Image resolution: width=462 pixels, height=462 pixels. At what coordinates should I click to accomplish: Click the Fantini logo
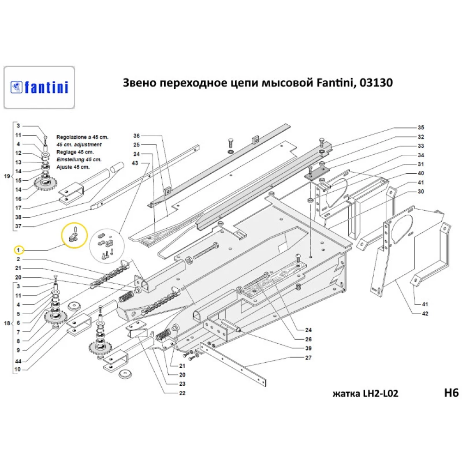[x=39, y=87]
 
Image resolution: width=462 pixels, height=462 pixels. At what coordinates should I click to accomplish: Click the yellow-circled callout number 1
[x=18, y=250]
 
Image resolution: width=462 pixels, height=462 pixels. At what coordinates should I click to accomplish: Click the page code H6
[x=451, y=393]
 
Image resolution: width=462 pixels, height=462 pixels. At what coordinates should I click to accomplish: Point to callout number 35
[x=421, y=128]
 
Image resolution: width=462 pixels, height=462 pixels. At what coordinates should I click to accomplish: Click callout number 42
[x=425, y=314]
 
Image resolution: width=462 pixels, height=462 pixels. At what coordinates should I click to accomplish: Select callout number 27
[x=308, y=358]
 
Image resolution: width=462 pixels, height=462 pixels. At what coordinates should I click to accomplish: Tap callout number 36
[x=136, y=136]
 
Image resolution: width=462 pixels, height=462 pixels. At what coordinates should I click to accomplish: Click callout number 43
[x=135, y=163]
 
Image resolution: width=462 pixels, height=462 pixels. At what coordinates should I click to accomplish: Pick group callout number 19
[x=7, y=176]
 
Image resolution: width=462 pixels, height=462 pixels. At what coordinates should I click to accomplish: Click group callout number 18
[x=7, y=323]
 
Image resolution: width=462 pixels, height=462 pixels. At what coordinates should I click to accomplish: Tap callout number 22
[x=182, y=393]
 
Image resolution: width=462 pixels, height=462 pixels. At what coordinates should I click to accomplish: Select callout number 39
[x=308, y=348]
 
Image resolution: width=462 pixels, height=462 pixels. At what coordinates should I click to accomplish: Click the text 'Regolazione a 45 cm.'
[x=83, y=137]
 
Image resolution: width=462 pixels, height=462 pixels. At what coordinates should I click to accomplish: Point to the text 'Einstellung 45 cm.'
[x=79, y=159]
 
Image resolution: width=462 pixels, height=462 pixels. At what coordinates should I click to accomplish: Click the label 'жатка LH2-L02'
[x=365, y=394]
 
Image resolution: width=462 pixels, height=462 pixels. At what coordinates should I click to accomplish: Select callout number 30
[x=421, y=192]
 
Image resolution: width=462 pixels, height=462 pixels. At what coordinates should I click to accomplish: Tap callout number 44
[x=18, y=361]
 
